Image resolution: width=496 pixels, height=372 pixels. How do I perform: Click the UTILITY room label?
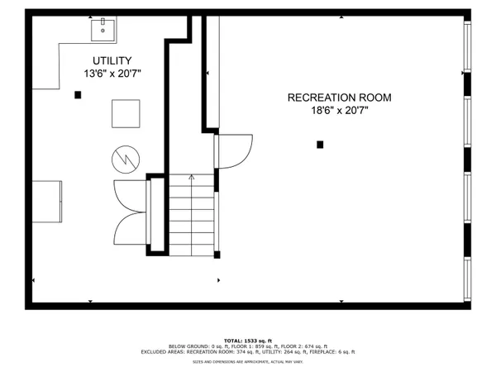pos(112,60)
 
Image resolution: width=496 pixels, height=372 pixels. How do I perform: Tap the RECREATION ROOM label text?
pos(339,98)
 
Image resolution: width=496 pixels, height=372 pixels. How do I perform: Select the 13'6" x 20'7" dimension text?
pos(112,74)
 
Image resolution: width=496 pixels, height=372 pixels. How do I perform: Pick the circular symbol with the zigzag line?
pos(126,158)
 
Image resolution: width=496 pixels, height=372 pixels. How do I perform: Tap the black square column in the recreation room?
pos(320,145)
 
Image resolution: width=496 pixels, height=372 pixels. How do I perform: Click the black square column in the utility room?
pos(78,95)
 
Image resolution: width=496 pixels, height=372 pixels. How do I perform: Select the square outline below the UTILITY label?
pos(126,112)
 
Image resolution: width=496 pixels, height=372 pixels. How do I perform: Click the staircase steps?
pos(192,215)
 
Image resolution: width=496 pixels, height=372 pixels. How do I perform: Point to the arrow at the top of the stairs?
pos(192,177)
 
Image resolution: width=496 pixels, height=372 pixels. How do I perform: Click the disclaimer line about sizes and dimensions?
pos(248,361)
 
